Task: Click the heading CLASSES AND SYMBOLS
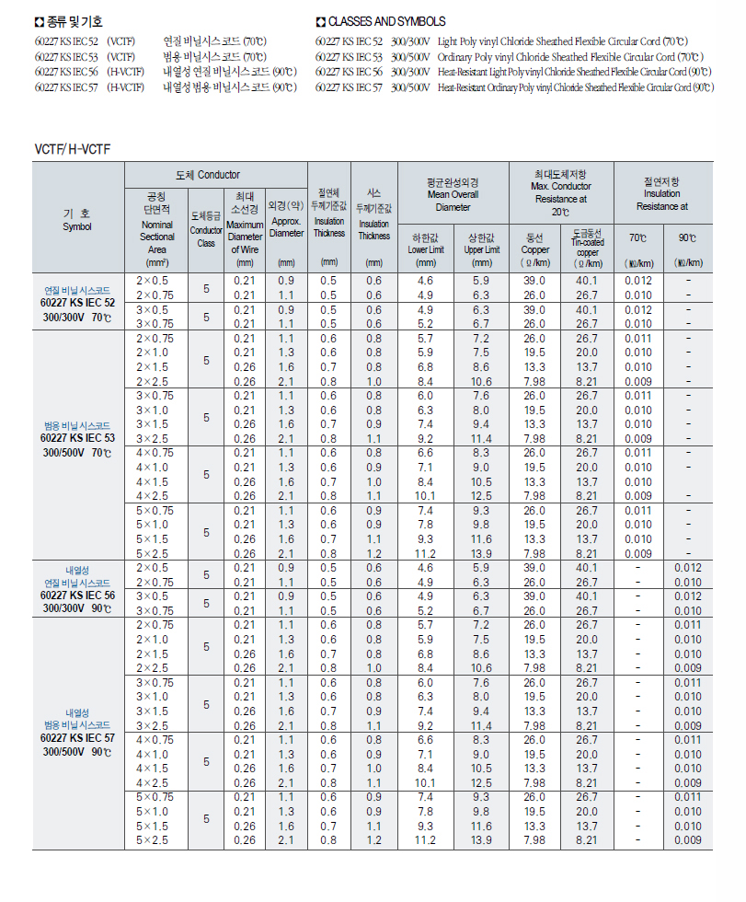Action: (386, 21)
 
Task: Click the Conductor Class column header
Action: (206, 230)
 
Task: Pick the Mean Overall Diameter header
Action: (453, 194)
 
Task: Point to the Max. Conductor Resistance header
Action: (560, 192)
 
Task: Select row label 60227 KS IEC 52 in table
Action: (77, 301)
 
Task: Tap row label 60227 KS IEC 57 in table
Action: (77, 738)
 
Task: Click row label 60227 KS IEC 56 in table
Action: (77, 595)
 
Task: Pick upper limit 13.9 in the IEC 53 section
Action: (481, 554)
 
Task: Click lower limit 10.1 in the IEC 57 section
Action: (424, 783)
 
